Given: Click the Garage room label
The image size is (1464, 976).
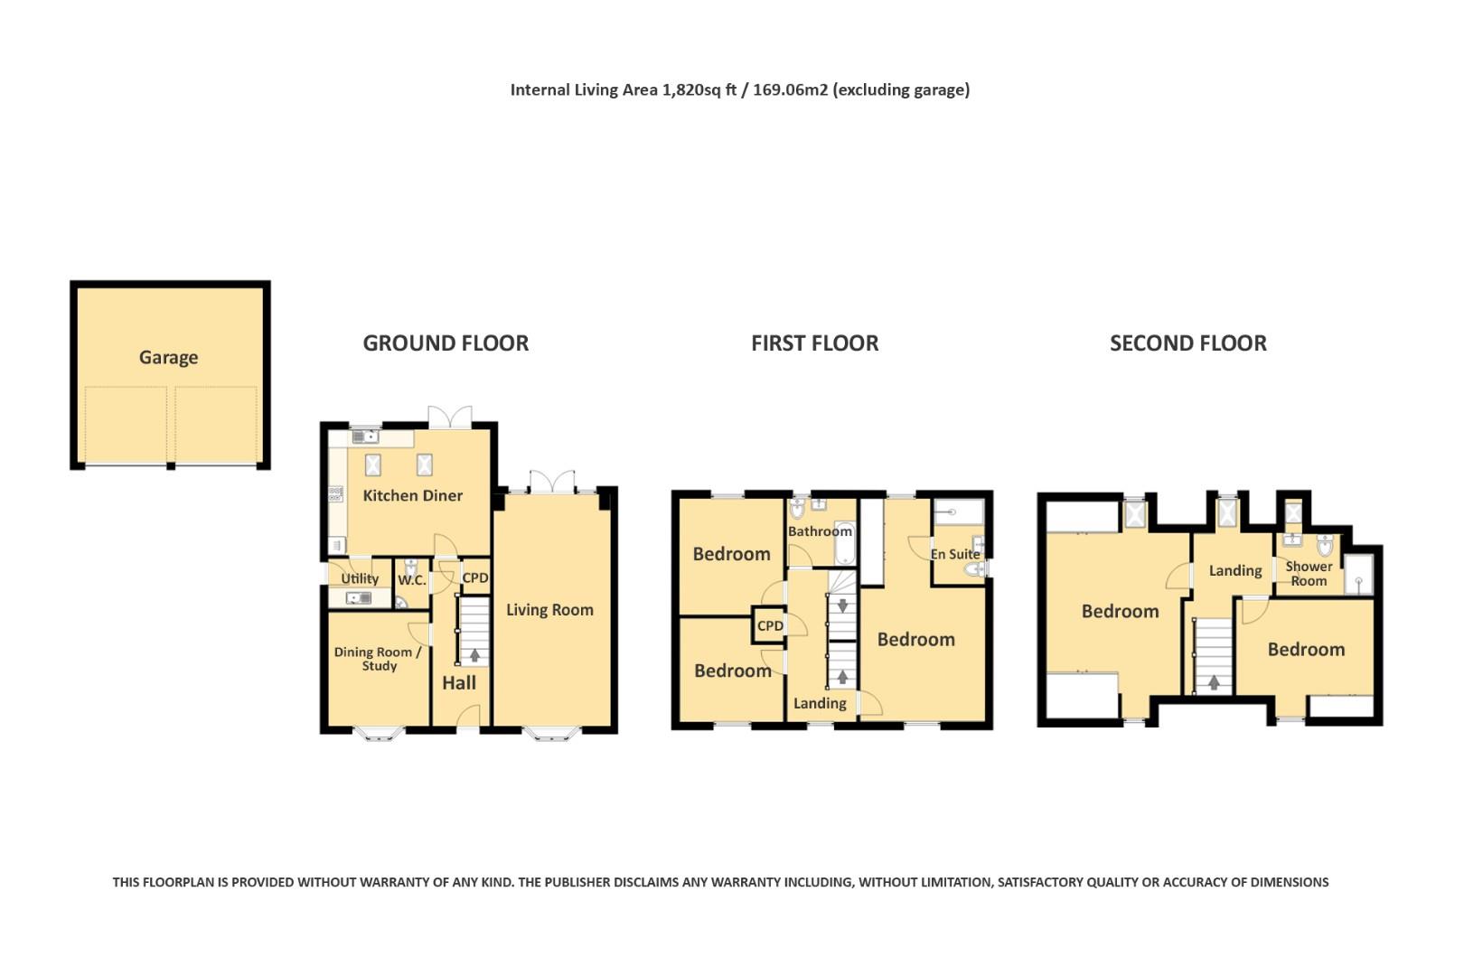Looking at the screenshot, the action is point(169,358).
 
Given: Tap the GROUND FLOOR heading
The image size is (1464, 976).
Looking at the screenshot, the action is point(446,343).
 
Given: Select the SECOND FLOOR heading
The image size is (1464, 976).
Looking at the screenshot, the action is point(1188,343).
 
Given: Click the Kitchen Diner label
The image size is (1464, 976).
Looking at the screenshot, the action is point(412,495).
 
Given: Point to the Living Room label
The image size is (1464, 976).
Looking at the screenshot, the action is point(549,610).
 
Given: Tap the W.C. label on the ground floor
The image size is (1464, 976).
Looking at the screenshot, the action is point(412,580).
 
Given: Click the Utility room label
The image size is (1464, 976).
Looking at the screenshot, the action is point(360,578).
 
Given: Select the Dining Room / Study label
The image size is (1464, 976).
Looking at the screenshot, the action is point(378,659).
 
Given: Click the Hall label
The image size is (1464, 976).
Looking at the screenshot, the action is point(459,683).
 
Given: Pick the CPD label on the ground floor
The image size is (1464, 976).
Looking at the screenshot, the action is point(475,577).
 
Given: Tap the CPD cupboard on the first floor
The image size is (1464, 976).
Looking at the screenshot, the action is point(769,625).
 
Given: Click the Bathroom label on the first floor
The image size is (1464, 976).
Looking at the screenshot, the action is point(820,531).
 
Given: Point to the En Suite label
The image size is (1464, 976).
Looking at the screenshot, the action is point(955,554).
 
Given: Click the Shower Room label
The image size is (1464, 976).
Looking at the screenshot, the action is point(1309,574).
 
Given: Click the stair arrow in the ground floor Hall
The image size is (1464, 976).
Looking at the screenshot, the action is point(474,654).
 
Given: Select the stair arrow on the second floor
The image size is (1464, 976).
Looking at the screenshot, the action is point(1214,682).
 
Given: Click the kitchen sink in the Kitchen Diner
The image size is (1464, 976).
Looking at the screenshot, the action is point(365,436).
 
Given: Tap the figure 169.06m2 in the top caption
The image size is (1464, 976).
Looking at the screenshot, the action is point(790,89).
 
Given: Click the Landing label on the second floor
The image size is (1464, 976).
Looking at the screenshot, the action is point(1235,571).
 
